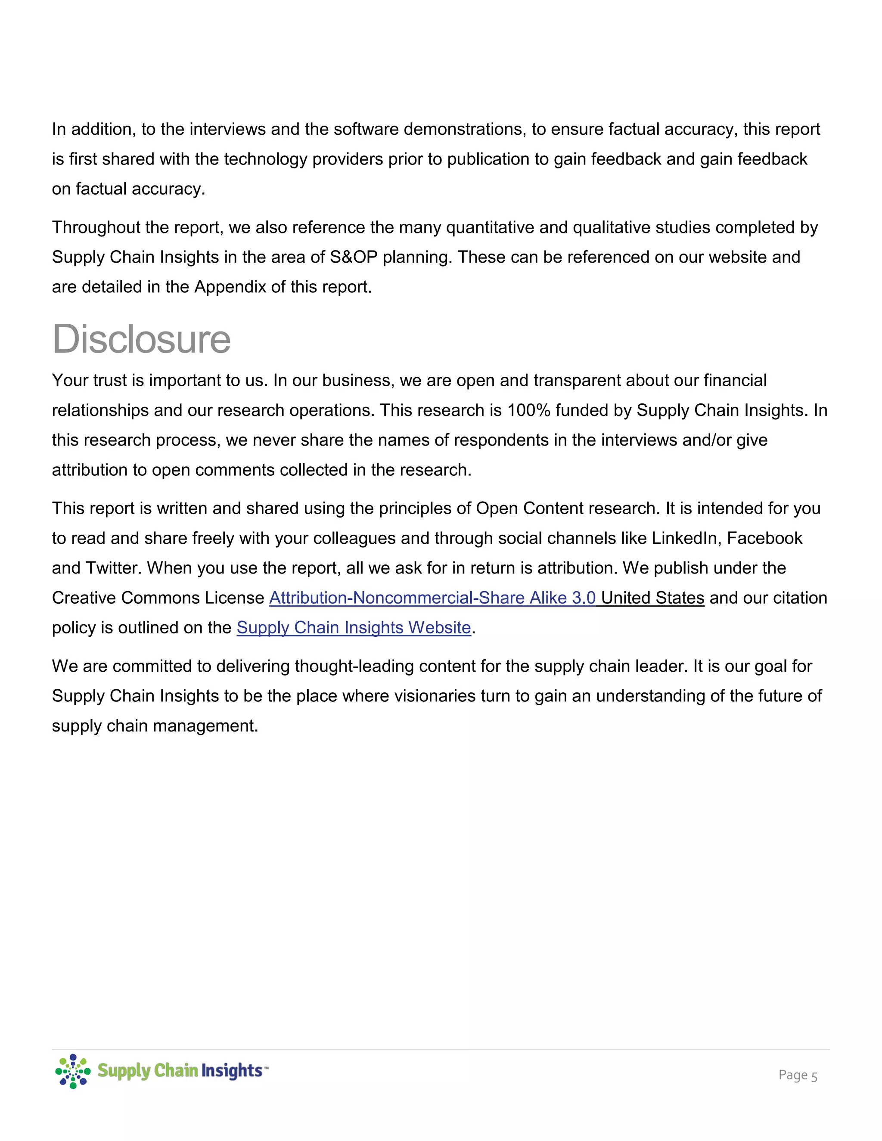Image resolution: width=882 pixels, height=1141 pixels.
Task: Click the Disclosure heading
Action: tap(141, 340)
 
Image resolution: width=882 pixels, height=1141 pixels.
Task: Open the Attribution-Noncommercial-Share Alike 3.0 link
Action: tap(432, 598)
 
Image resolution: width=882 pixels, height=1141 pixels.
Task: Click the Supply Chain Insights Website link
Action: tap(354, 627)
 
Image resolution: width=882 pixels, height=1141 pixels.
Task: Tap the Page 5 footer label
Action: tap(797, 1075)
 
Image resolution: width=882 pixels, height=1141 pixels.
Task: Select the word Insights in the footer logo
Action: tap(231, 1070)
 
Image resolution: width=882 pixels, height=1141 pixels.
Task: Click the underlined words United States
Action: tap(652, 598)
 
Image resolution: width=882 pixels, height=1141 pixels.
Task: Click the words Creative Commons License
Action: tap(158, 598)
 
